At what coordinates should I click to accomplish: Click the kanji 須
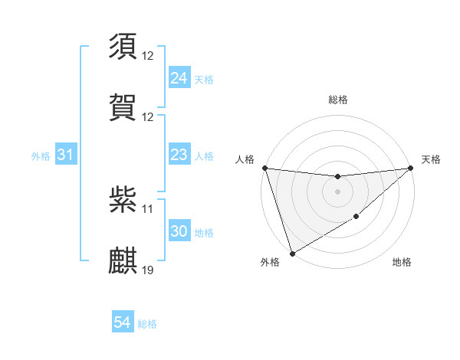[123, 47]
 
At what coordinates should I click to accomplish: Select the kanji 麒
[123, 260]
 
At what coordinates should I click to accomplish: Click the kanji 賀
[123, 107]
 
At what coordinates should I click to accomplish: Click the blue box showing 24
[179, 78]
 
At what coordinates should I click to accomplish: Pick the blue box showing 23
[179, 155]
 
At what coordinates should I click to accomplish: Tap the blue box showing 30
[179, 231]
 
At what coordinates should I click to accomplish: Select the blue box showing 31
[66, 155]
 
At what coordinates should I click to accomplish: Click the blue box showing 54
[123, 323]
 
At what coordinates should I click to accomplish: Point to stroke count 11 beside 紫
[148, 208]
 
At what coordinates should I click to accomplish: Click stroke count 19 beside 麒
[148, 270]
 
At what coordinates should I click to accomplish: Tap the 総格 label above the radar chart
[337, 100]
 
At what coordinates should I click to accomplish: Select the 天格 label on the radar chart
[432, 159]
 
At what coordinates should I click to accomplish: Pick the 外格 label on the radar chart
[270, 262]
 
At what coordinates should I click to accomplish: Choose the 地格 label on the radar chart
[402, 262]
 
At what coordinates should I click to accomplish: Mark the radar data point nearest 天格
[411, 168]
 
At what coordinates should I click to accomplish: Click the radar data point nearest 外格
[292, 253]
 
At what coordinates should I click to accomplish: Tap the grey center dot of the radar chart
[337, 191]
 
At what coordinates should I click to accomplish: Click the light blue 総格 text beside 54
[147, 324]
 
